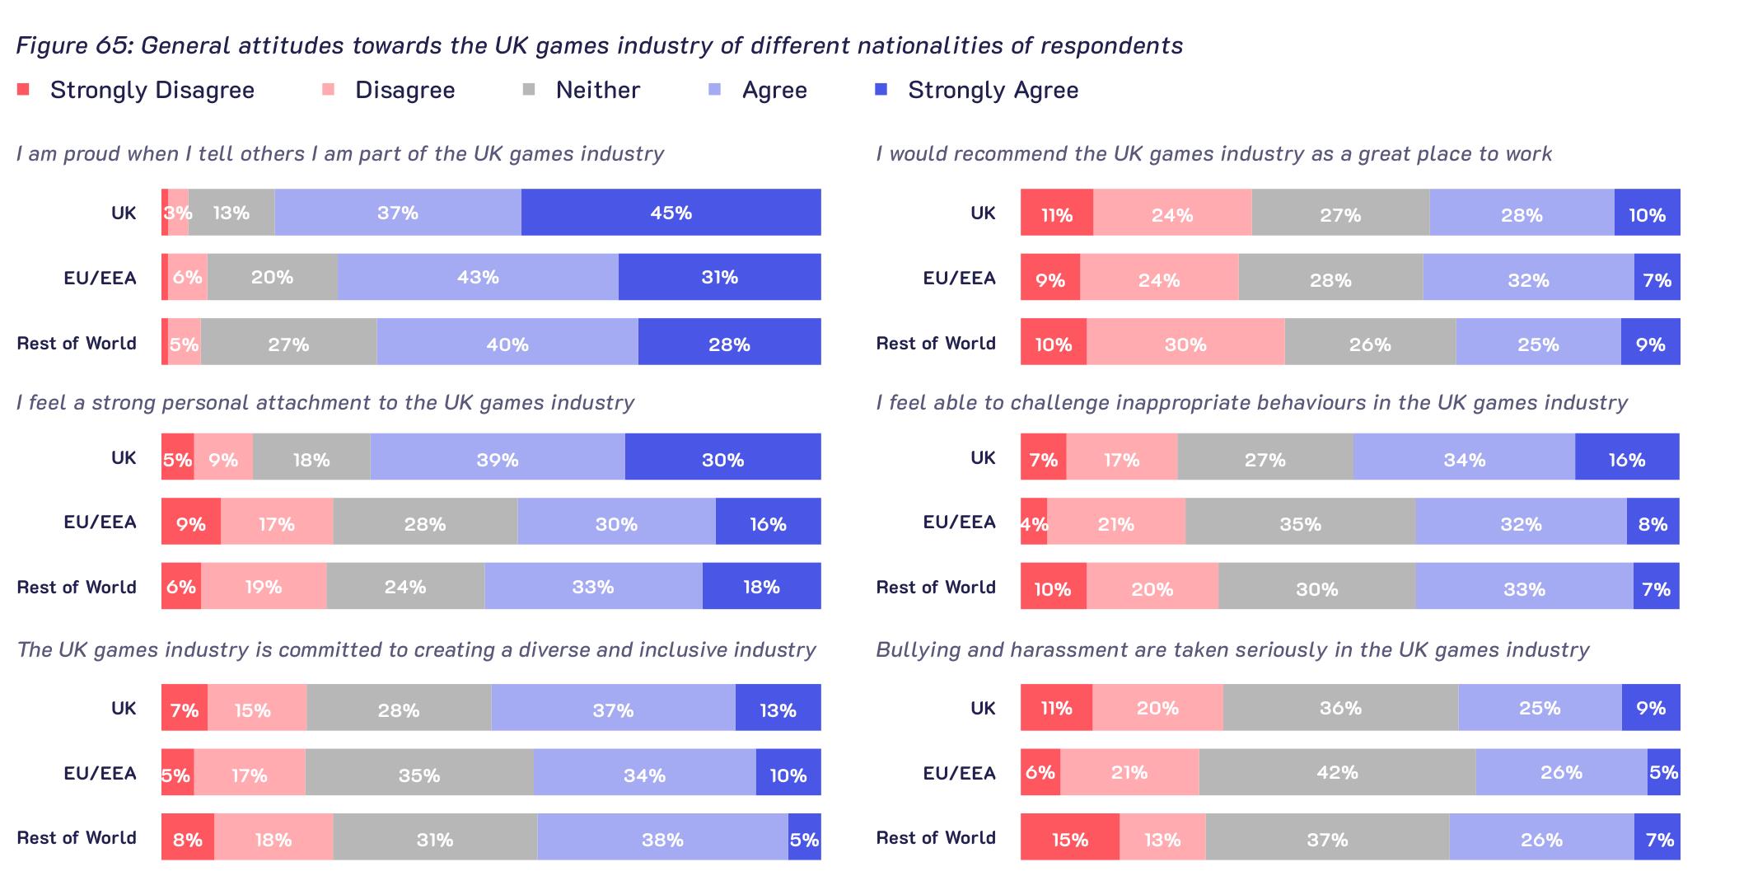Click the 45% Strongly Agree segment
point(671,213)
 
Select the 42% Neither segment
point(1337,772)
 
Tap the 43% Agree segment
point(478,277)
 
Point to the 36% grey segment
point(1340,707)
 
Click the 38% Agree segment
point(662,837)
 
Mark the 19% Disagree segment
point(264,586)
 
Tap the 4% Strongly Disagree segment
point(1034,522)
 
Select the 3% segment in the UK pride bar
point(178,213)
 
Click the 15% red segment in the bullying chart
point(1070,837)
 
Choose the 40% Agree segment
point(507,342)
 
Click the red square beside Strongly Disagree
point(23,89)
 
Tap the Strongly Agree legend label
point(993,90)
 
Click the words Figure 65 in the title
point(71,45)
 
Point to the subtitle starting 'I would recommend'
point(1213,154)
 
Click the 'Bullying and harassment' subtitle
point(1232,650)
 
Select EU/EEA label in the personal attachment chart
point(100,522)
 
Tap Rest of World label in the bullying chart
point(936,837)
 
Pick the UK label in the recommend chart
point(983,213)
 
